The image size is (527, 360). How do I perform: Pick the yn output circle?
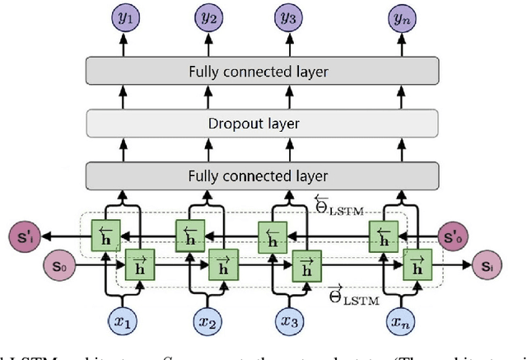pyautogui.click(x=400, y=16)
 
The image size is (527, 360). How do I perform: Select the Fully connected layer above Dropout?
pyautogui.click(x=258, y=72)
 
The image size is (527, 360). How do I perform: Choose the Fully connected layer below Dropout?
pyautogui.click(x=258, y=176)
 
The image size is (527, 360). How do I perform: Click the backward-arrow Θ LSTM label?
pyautogui.click(x=339, y=202)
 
